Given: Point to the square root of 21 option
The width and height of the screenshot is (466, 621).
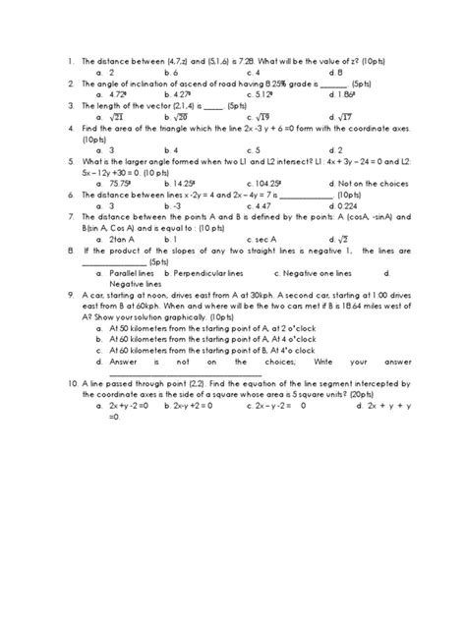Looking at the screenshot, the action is click(x=121, y=115).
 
